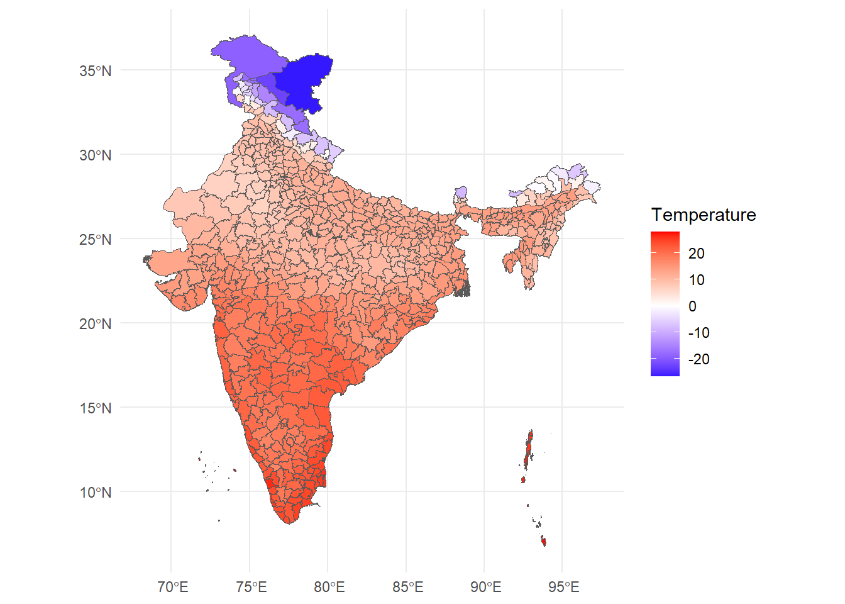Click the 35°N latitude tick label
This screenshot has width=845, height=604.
(x=95, y=71)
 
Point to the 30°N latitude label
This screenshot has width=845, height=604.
(x=95, y=155)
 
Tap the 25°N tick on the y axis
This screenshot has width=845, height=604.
(x=95, y=240)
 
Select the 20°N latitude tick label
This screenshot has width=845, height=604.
(x=95, y=324)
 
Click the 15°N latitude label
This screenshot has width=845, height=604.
(x=95, y=408)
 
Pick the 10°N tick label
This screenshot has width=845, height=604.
(x=95, y=493)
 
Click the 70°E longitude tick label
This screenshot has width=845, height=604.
(x=172, y=588)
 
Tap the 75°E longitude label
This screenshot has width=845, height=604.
(x=251, y=588)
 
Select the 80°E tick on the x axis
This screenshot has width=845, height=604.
(x=329, y=588)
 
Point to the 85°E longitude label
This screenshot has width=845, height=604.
(x=407, y=588)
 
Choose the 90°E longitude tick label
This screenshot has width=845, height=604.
(x=485, y=588)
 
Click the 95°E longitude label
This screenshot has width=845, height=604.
(x=563, y=588)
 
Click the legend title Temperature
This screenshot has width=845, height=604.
(x=704, y=215)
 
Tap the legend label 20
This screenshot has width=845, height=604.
(x=696, y=254)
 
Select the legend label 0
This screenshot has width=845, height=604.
(x=692, y=306)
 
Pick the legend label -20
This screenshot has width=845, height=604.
(x=699, y=359)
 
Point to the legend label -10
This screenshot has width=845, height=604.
(x=699, y=333)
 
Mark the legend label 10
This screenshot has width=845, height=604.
(x=696, y=280)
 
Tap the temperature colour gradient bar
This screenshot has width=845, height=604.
(x=665, y=304)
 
